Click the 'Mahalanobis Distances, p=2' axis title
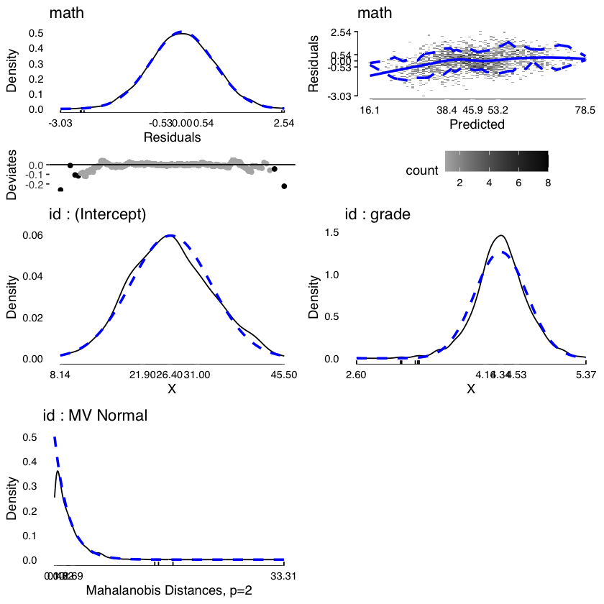pos(169,591)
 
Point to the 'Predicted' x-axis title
pos(477,124)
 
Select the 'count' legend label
pos(422,170)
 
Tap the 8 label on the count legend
pos(548,183)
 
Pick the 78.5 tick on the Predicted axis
pos(585,111)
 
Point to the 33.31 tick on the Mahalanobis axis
pos(283,575)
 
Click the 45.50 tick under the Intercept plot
pos(283,375)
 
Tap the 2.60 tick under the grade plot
pos(357,375)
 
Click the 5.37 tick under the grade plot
pos(585,375)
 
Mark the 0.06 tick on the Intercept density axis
pos(33,235)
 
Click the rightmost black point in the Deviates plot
pos(284,186)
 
